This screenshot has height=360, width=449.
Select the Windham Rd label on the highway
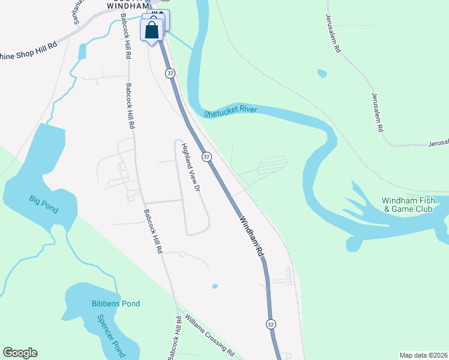(x=252, y=237)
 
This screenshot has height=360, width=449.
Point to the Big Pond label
(x=44, y=204)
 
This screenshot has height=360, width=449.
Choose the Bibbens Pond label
(x=116, y=304)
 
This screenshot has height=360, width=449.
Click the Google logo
(x=20, y=353)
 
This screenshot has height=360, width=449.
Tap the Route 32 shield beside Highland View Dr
(x=206, y=156)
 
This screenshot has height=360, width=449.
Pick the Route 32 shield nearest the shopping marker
(x=170, y=73)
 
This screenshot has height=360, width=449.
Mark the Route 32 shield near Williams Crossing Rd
(x=271, y=324)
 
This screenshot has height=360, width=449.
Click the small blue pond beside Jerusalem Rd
(x=322, y=74)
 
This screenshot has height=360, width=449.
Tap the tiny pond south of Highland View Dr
(x=215, y=286)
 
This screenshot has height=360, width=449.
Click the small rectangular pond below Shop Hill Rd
(x=82, y=52)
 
